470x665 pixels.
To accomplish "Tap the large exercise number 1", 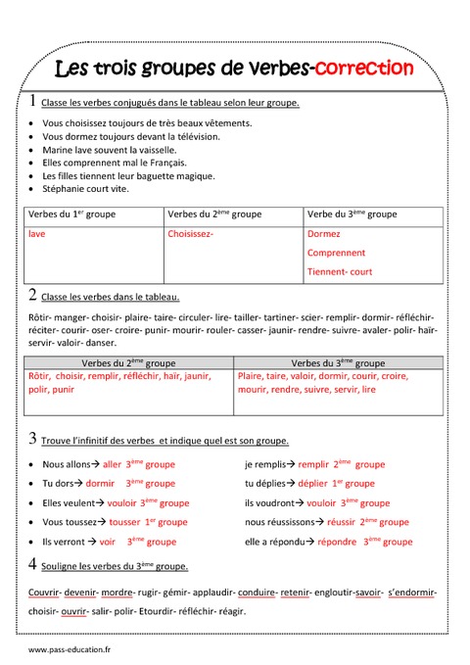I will click(32, 101).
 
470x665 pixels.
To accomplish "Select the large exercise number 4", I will click(32, 564).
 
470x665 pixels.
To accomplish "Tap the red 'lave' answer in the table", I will click(37, 234).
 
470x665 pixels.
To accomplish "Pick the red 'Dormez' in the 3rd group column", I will click(324, 234).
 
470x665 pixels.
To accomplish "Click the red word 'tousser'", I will click(125, 522).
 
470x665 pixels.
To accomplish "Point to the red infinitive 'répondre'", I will click(337, 541).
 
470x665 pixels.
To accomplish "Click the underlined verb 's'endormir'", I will click(411, 593).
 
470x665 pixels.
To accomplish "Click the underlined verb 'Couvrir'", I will click(45, 593).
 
